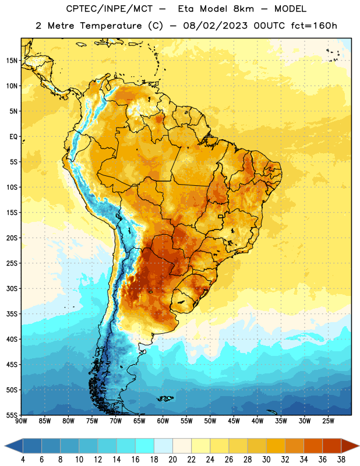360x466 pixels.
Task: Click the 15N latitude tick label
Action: (x=12, y=61)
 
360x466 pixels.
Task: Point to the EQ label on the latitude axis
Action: (x=13, y=137)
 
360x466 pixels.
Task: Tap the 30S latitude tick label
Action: (x=12, y=288)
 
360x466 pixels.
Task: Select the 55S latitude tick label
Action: (x=12, y=415)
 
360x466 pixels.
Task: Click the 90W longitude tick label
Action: (x=21, y=421)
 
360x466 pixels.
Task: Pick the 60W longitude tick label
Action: (x=163, y=421)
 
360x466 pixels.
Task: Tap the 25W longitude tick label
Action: (x=328, y=421)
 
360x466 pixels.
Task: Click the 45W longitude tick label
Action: (x=234, y=421)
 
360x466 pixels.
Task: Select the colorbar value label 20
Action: (x=172, y=460)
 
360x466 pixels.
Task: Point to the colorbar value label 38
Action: (x=341, y=460)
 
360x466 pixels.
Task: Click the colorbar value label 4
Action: (x=23, y=460)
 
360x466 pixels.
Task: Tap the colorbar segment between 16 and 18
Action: (x=144, y=446)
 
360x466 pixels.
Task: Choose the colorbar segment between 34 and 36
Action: (x=313, y=446)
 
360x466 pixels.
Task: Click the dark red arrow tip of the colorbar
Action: (x=358, y=446)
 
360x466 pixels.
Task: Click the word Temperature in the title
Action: (x=111, y=26)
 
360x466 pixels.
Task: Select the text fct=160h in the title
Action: (x=314, y=26)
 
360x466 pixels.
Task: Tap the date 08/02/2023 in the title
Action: (x=215, y=26)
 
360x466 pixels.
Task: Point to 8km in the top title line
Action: (x=243, y=9)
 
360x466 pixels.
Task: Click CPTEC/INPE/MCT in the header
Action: (x=110, y=9)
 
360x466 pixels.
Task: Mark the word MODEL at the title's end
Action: (x=291, y=9)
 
